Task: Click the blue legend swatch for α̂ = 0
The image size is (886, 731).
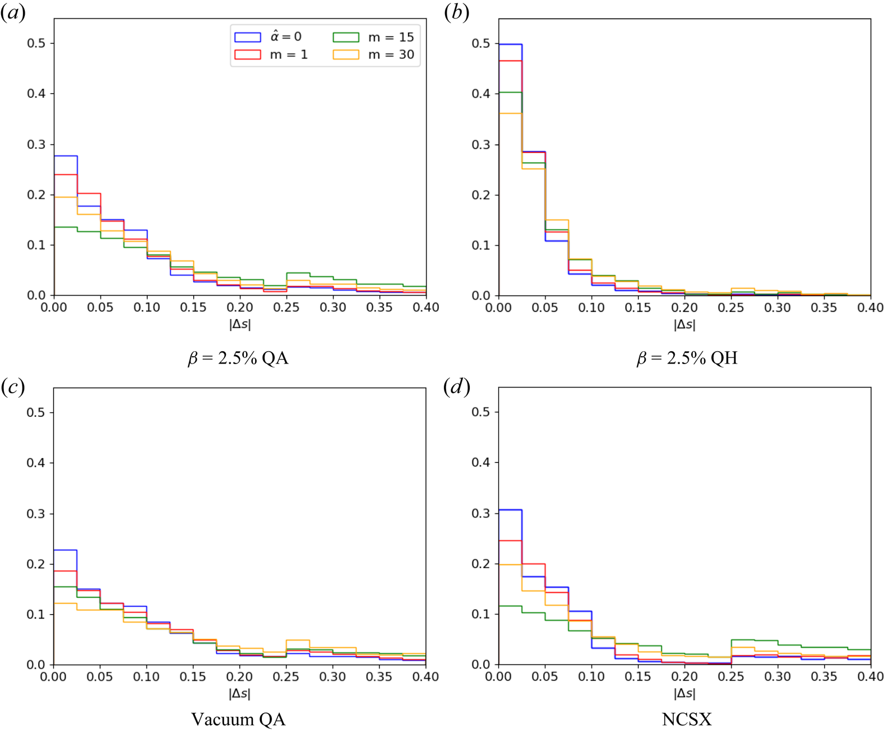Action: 247,37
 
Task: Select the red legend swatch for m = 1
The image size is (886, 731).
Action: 247,55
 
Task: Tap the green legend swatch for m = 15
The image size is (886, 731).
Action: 346,37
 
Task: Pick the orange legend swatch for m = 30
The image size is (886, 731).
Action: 346,55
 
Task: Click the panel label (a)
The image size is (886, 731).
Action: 13,13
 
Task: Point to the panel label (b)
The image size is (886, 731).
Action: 456,13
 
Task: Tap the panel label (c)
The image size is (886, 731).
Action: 13,387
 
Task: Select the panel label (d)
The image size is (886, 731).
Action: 456,387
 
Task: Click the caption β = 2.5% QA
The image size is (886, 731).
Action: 238,358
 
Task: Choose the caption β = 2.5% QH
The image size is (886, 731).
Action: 687,358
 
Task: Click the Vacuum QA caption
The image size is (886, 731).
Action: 238,719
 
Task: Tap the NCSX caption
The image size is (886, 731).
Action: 687,719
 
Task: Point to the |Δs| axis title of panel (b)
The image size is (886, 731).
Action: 684,324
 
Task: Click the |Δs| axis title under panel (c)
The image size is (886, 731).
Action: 239,693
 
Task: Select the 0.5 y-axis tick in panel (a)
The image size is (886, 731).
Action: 37,43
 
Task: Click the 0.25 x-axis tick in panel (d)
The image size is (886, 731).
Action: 731,676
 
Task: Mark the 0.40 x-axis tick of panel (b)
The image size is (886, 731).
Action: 870,307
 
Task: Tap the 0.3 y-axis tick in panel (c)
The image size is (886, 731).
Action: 37,514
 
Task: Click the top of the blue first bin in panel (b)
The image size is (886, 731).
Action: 511,44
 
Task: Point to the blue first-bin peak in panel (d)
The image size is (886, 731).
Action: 511,510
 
